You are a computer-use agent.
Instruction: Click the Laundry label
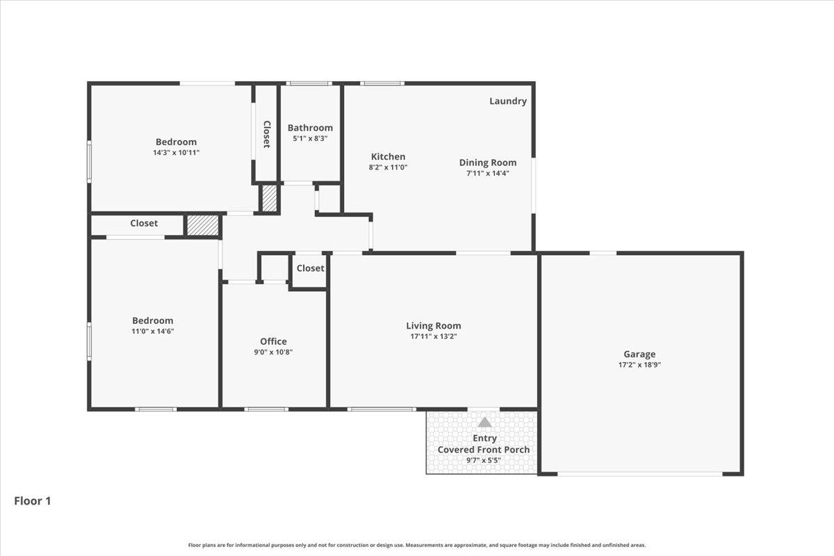coord(508,101)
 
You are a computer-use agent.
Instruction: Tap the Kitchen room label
coord(388,156)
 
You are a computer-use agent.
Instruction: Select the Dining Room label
coord(488,163)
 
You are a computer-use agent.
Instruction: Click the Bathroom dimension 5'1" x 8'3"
coord(310,138)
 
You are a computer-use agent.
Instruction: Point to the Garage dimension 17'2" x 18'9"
coord(639,363)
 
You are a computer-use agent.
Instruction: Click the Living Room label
coord(434,325)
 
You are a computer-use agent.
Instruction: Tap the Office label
coord(273,341)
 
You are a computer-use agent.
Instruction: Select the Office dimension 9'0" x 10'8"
coord(273,352)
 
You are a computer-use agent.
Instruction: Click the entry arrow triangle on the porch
coord(484,422)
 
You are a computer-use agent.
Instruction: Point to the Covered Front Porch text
coord(484,450)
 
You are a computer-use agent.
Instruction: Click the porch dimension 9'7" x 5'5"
coord(484,459)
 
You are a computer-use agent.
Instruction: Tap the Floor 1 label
coord(33,500)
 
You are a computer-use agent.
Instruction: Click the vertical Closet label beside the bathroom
coord(266,134)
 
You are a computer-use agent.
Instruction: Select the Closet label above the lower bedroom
coord(144,223)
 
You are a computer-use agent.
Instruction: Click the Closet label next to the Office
coord(310,268)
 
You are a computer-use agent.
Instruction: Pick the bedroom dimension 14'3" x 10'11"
coord(176,152)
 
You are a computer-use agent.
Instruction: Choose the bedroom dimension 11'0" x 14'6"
coord(153,331)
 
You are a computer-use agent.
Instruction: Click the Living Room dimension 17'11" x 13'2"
coord(434,336)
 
